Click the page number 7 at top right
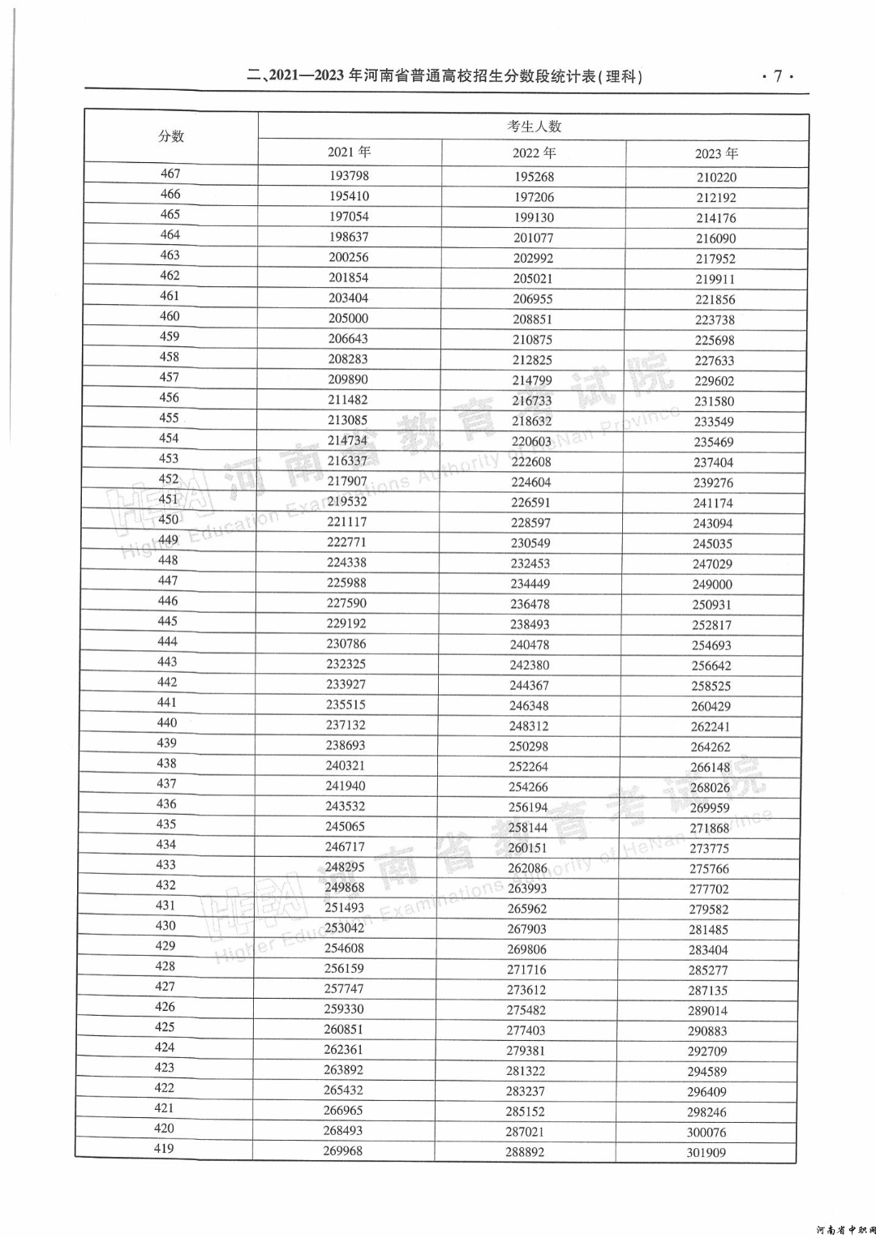coord(777,76)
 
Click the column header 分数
coord(171,136)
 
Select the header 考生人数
coord(534,126)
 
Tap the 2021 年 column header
coord(349,152)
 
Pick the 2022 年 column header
coord(534,153)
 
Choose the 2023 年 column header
coord(716,154)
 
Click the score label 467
coord(170,173)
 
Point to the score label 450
coord(168,520)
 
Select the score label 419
coord(164,1148)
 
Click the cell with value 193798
coord(349,176)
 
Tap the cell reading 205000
coord(348,319)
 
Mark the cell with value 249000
coord(712,585)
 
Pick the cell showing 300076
coord(706,1133)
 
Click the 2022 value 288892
coord(525,1152)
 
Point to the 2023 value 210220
coord(716,178)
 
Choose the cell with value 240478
coord(530,645)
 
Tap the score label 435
coord(165,824)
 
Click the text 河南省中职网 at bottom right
coord(844,1229)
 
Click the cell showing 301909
coord(706,1153)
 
